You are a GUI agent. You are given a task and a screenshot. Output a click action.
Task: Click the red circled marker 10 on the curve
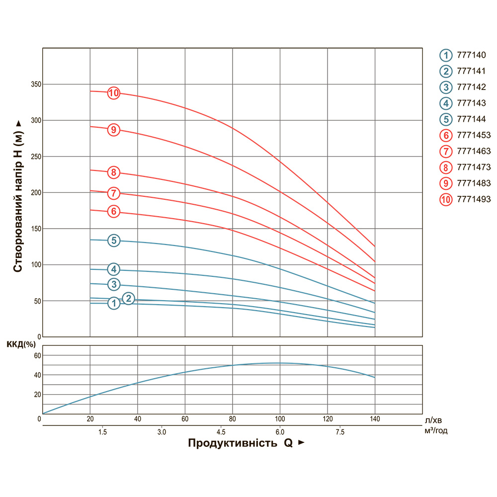click(x=114, y=93)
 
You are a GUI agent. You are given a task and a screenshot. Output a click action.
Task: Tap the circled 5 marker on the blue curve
click(x=114, y=241)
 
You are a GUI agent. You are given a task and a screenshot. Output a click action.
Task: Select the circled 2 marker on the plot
click(x=128, y=298)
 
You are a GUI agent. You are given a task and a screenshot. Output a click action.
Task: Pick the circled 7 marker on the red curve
click(x=114, y=193)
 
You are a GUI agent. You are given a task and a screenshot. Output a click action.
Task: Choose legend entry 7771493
click(x=473, y=199)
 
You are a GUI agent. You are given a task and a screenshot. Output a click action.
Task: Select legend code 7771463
click(x=473, y=151)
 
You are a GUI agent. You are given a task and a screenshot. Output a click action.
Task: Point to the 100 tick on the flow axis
click(x=280, y=419)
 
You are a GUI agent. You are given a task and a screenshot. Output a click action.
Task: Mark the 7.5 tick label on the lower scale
click(x=340, y=431)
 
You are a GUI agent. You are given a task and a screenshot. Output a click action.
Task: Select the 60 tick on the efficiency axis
click(x=35, y=355)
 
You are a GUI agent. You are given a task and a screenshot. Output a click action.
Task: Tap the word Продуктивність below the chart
click(x=232, y=443)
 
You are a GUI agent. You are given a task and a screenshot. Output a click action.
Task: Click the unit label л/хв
click(x=432, y=420)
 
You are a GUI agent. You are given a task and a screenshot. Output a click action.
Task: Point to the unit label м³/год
click(x=436, y=431)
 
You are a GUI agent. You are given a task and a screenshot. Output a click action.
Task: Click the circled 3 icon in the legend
click(x=446, y=87)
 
